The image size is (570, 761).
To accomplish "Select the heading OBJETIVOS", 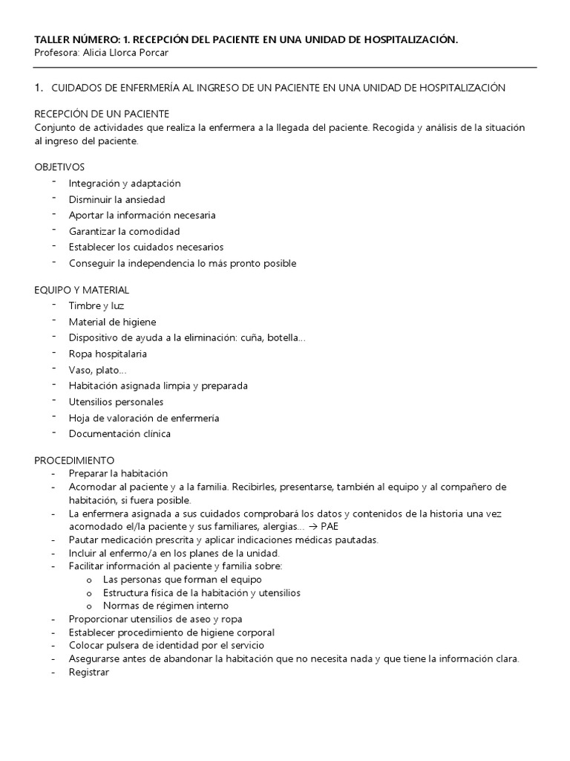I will pyautogui.click(x=60, y=166).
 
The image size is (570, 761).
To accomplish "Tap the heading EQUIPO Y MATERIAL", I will pyautogui.click(x=82, y=290).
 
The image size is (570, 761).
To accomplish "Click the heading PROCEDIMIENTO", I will pyautogui.click(x=74, y=460).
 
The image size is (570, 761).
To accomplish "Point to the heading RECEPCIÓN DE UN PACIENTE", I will pyautogui.click(x=102, y=114).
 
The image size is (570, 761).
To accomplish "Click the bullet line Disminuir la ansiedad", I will pyautogui.click(x=117, y=199).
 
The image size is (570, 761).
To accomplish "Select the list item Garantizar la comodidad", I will pyautogui.click(x=124, y=231).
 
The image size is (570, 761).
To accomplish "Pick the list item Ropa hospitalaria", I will pyautogui.click(x=108, y=354).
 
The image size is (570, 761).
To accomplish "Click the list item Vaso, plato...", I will pyautogui.click(x=97, y=369).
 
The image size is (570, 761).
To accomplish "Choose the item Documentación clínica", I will pyautogui.click(x=119, y=433).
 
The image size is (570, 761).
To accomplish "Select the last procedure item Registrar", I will pyautogui.click(x=88, y=672).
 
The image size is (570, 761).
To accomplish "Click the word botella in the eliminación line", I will pyautogui.click(x=287, y=337).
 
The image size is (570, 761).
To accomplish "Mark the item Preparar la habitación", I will pyautogui.click(x=118, y=473).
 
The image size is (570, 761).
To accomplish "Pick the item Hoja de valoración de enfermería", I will pyautogui.click(x=144, y=418).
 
